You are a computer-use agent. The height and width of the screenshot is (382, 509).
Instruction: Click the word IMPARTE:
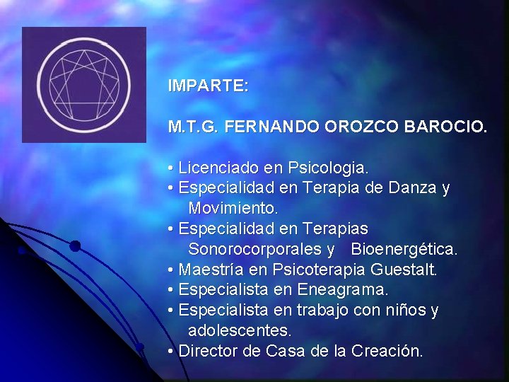[208, 86]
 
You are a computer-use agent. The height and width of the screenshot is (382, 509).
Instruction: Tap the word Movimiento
[233, 209]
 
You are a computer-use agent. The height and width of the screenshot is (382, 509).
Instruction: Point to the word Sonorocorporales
[257, 250]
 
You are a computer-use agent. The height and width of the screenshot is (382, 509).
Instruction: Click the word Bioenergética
[404, 250]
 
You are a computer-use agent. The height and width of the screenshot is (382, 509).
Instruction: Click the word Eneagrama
[343, 290]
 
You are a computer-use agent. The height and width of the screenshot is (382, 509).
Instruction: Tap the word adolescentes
[240, 331]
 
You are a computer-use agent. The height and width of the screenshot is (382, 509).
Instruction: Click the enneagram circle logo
[83, 84]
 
